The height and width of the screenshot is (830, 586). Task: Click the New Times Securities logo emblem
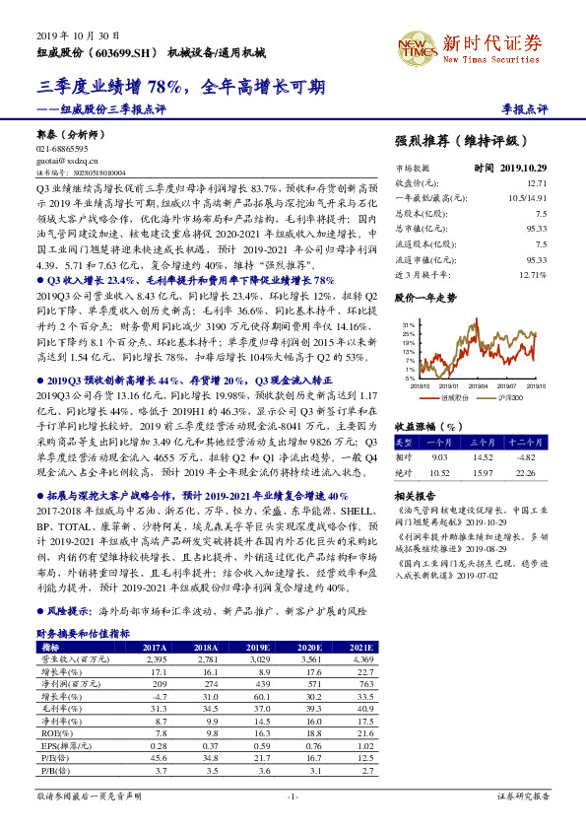pyautogui.click(x=416, y=45)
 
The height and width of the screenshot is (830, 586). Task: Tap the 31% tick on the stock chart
pyautogui.click(x=408, y=323)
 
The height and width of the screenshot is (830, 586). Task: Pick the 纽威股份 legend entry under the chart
pyautogui.click(x=450, y=397)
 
